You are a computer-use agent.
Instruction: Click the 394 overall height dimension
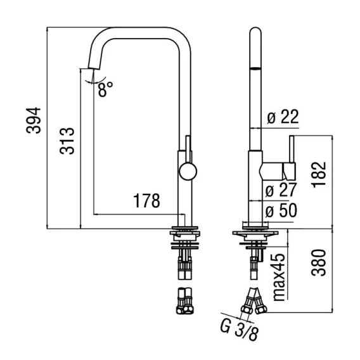point(34,120)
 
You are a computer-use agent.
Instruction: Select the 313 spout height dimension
point(67,141)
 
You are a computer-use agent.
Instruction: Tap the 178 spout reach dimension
point(146,201)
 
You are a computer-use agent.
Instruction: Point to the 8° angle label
point(105,89)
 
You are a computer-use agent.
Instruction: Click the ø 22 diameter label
point(283,117)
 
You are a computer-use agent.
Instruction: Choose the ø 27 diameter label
point(281,190)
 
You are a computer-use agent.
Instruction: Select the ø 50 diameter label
point(281,210)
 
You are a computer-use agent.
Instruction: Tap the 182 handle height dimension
point(319,175)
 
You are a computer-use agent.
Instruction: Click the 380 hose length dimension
point(319,262)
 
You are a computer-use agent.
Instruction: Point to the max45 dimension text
point(279,277)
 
